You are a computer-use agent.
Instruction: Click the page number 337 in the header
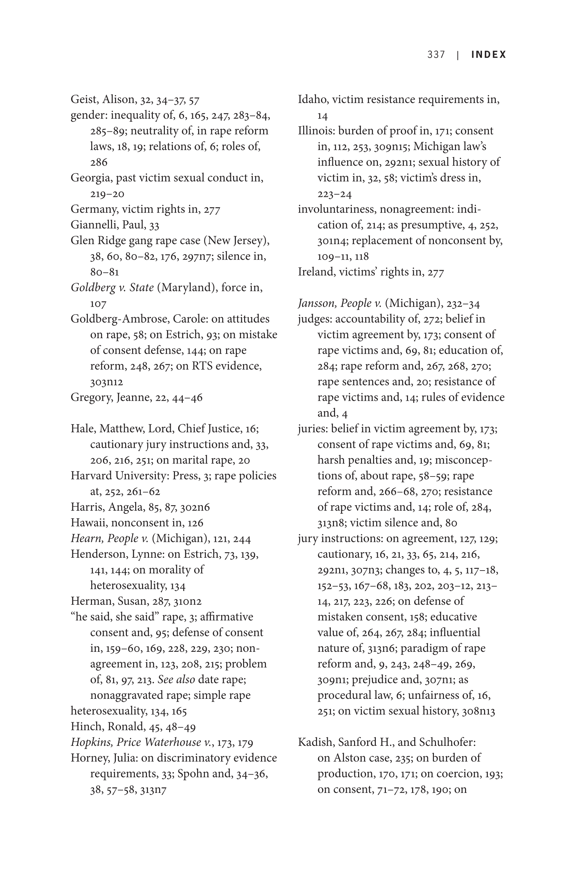[436, 55]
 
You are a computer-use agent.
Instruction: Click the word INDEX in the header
[489, 55]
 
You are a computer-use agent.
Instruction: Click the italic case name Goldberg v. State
[112, 287]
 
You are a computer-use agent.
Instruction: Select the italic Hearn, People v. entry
[110, 539]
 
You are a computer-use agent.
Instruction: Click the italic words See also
[176, 680]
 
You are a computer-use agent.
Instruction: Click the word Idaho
[311, 100]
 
